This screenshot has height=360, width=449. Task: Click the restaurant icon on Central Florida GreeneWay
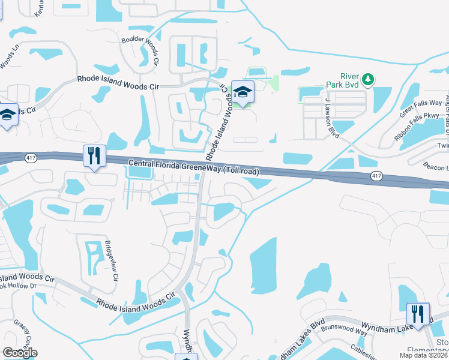click(x=94, y=156)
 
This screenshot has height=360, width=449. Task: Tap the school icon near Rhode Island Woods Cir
click(x=243, y=92)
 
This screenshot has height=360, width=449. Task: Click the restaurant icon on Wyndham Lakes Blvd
click(x=418, y=313)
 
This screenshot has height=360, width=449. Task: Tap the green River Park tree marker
click(x=368, y=79)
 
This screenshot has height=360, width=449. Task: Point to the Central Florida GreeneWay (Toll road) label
click(x=194, y=167)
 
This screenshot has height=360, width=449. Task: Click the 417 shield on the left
click(x=29, y=157)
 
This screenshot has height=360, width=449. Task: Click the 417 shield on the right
click(x=376, y=176)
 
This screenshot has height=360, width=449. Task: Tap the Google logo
click(x=20, y=353)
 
